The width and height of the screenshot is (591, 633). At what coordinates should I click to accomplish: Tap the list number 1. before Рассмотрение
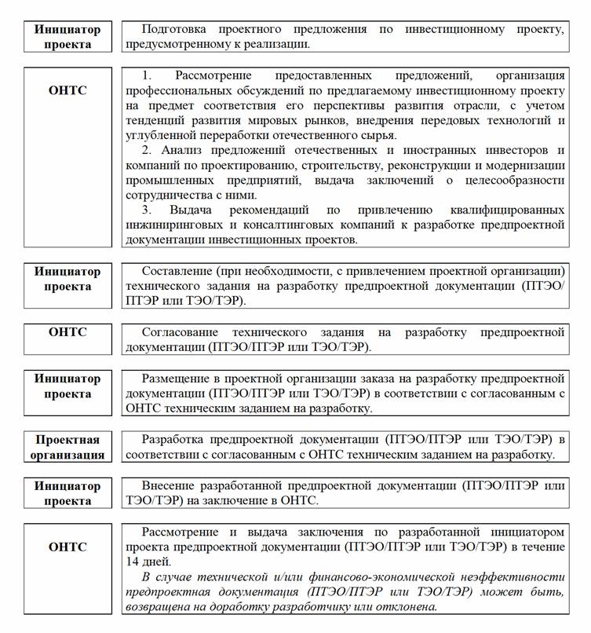[147, 75]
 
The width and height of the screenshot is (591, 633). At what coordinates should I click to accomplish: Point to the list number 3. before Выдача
[147, 210]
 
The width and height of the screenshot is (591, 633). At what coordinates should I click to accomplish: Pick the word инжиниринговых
[172, 225]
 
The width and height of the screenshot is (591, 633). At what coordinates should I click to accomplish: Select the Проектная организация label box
[67, 447]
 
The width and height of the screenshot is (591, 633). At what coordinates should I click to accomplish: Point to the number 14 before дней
[133, 562]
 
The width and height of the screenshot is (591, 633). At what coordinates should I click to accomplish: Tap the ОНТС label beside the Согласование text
[67, 333]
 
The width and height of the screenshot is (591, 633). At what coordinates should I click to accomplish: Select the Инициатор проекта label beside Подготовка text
[67, 37]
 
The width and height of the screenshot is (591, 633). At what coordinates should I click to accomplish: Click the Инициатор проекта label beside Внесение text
[67, 493]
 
